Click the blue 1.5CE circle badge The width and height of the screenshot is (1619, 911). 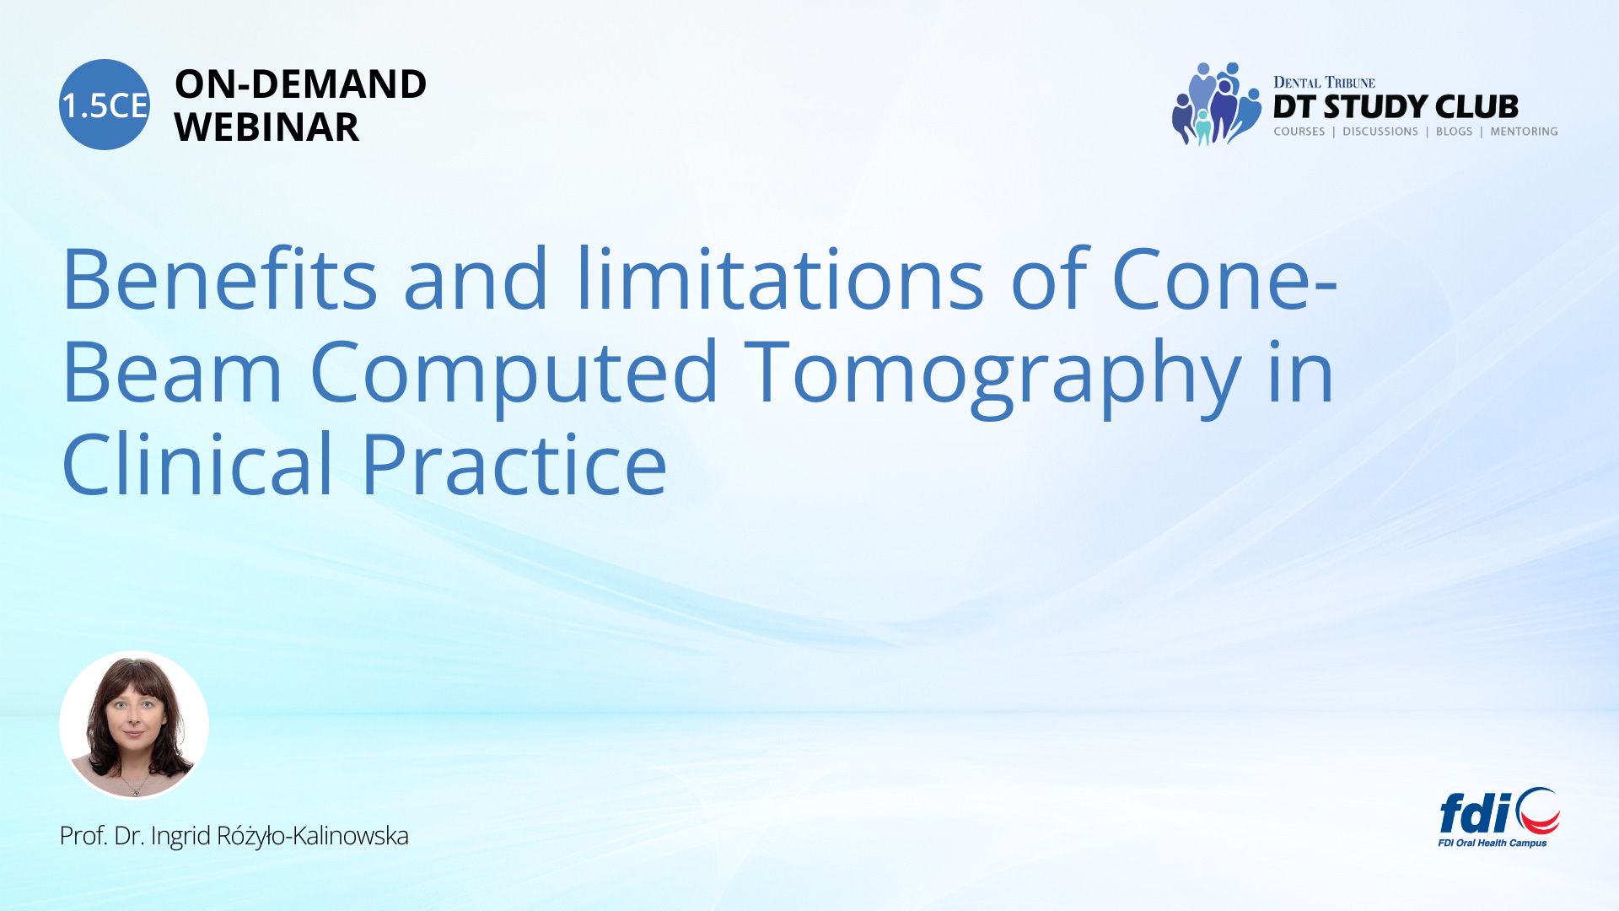(x=105, y=105)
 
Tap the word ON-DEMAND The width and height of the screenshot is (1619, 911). (x=300, y=84)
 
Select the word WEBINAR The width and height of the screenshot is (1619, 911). (x=266, y=127)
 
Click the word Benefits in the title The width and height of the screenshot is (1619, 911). (x=220, y=278)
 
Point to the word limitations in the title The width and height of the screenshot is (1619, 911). (x=780, y=278)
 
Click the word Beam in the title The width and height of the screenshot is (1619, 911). (x=173, y=371)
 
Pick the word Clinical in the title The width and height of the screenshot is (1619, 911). (x=198, y=463)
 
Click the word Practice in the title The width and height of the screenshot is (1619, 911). (x=514, y=463)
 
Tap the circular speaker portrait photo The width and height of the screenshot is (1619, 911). (x=134, y=725)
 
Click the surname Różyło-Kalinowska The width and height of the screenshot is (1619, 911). (x=313, y=836)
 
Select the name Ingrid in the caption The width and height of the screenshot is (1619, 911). (x=181, y=837)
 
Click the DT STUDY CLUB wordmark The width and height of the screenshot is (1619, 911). (x=1396, y=107)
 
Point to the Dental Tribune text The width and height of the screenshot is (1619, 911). (x=1324, y=82)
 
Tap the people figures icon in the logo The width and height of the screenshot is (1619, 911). (x=1217, y=104)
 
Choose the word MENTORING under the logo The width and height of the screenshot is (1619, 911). (x=1524, y=132)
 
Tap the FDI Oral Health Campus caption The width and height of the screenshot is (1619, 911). (x=1493, y=843)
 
